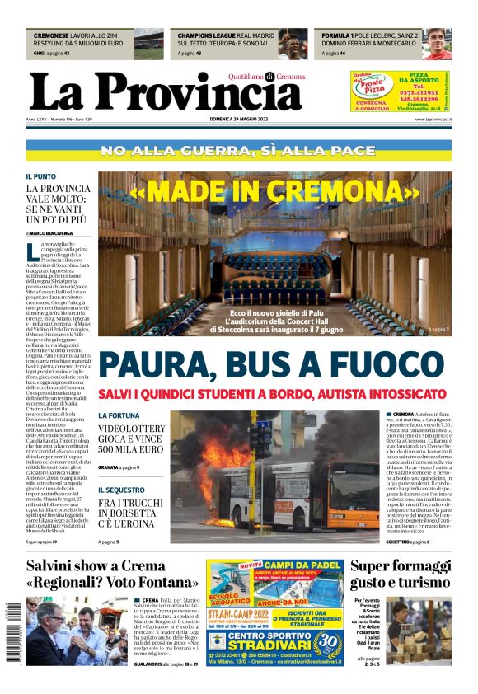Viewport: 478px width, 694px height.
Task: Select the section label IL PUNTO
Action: click(x=40, y=176)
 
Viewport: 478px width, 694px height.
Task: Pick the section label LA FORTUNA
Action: click(x=119, y=415)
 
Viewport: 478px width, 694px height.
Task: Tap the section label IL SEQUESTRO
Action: click(x=120, y=489)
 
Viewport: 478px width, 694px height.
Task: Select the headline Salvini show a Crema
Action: click(x=108, y=566)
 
